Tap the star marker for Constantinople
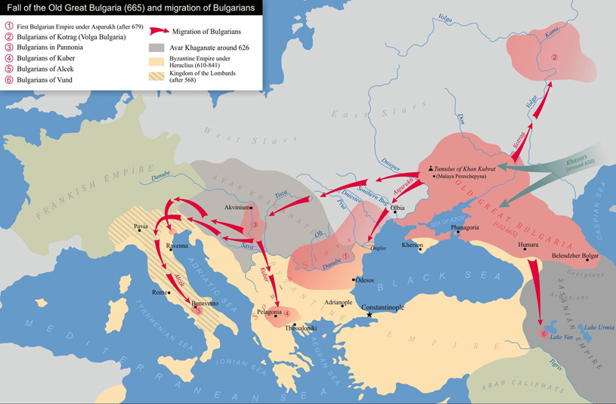coord(369,314)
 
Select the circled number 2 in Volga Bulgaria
coord(553,57)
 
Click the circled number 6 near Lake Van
coord(542,333)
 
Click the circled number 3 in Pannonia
coord(255,224)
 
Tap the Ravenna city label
coord(178,246)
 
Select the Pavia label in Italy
coord(141,227)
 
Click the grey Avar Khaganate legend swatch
coord(156,48)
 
